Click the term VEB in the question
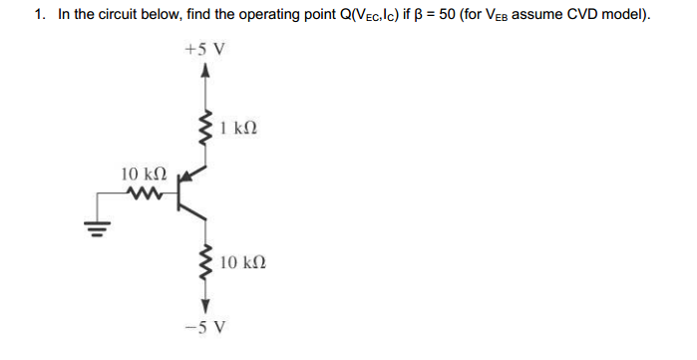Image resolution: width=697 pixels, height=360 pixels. pyautogui.click(x=480, y=16)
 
